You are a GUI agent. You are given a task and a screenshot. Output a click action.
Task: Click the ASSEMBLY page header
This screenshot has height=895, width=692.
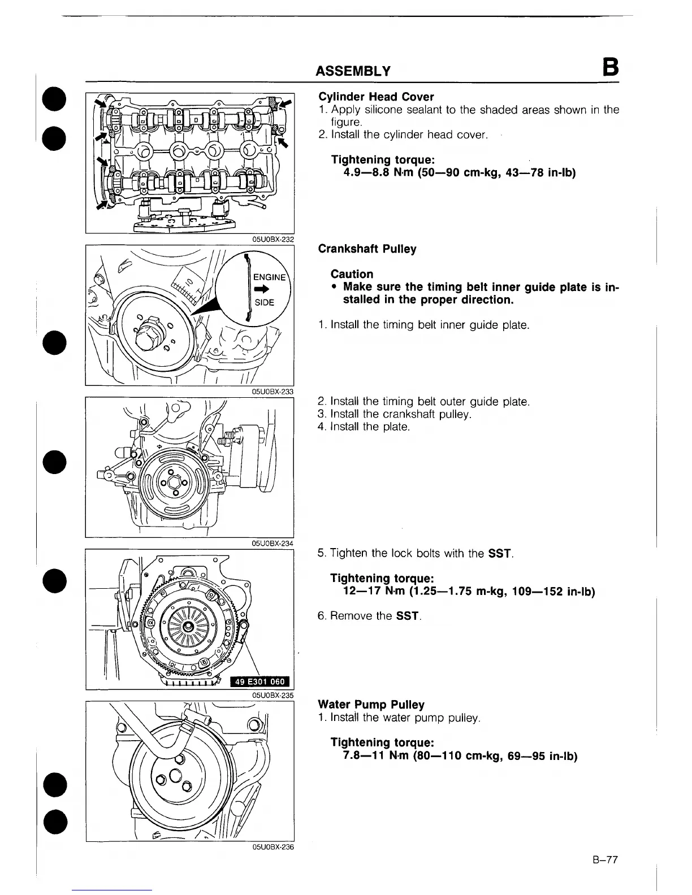(x=353, y=71)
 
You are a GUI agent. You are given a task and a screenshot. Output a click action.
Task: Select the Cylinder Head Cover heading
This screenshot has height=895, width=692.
(x=376, y=97)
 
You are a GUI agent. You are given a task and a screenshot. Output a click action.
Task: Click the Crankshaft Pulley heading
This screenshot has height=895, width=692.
(x=367, y=249)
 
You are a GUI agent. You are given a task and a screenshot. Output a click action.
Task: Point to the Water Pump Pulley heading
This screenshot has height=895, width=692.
(x=371, y=705)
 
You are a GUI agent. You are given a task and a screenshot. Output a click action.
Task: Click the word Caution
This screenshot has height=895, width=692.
(x=352, y=274)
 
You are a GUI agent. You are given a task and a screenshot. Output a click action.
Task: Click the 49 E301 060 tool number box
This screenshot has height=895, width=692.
(x=260, y=682)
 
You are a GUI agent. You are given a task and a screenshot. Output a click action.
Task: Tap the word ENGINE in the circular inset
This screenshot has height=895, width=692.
(x=269, y=277)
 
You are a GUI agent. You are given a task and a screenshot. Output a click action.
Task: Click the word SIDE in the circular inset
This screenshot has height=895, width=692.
(x=265, y=302)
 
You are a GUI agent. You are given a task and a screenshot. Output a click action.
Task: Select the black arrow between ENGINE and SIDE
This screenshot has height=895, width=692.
(x=264, y=289)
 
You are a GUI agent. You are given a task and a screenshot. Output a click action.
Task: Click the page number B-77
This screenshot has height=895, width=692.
(x=605, y=861)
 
